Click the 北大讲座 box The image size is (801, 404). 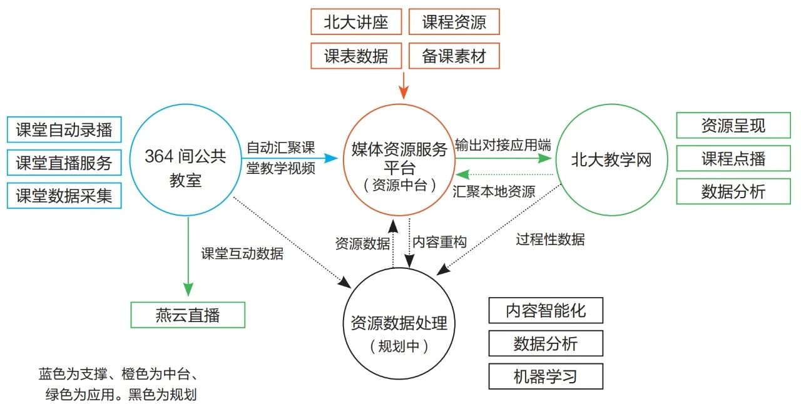tap(356, 22)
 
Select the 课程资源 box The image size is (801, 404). tap(454, 22)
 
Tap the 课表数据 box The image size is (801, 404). tap(356, 56)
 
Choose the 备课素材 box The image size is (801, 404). tap(454, 56)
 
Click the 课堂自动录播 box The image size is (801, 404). tap(64, 129)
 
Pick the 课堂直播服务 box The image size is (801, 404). tap(64, 163)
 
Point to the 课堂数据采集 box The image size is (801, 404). tap(64, 196)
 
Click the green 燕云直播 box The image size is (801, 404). tap(188, 315)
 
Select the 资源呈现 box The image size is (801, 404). tap(733, 125)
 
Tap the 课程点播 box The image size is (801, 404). tap(733, 158)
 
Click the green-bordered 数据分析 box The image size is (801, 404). tap(733, 191)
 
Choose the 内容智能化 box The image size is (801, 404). tap(546, 310)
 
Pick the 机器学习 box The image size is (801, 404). tap(546, 376)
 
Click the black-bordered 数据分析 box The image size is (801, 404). tap(546, 343)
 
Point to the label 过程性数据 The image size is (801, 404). tap(550, 239)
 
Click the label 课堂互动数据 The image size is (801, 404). tap(242, 253)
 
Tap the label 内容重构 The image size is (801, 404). tap(439, 242)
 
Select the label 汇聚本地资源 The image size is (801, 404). tap(494, 191)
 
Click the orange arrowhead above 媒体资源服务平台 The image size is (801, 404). tap(404, 93)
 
